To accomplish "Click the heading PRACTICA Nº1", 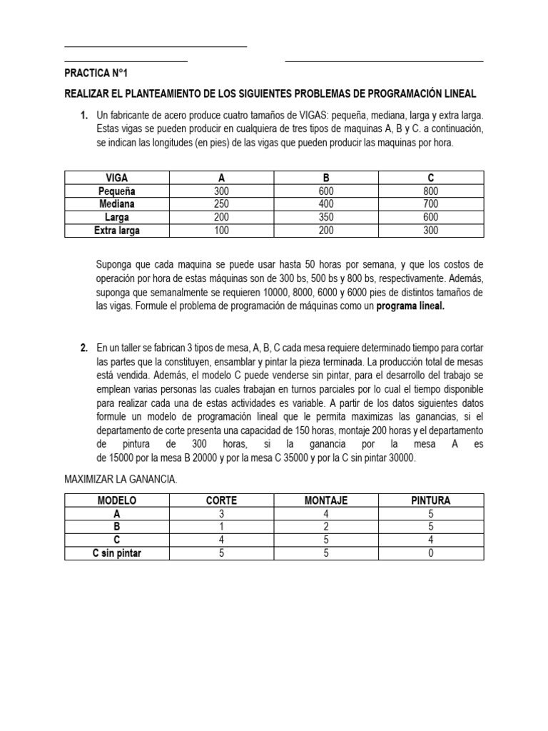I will click(96, 74).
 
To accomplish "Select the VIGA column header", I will click(116, 177).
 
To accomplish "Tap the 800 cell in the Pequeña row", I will click(430, 191).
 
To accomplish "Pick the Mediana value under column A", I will click(221, 204).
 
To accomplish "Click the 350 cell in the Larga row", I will click(325, 218).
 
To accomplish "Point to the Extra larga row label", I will click(116, 231).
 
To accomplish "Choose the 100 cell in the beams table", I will click(221, 231).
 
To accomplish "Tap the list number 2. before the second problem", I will click(83, 348).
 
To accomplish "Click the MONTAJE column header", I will click(325, 500).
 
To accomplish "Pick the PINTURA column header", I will click(430, 500).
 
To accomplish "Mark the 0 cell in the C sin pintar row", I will click(430, 553).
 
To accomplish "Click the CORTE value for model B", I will click(221, 527).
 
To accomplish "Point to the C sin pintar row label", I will click(116, 553).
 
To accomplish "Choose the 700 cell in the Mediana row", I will click(430, 204).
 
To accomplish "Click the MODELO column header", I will click(116, 500).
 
